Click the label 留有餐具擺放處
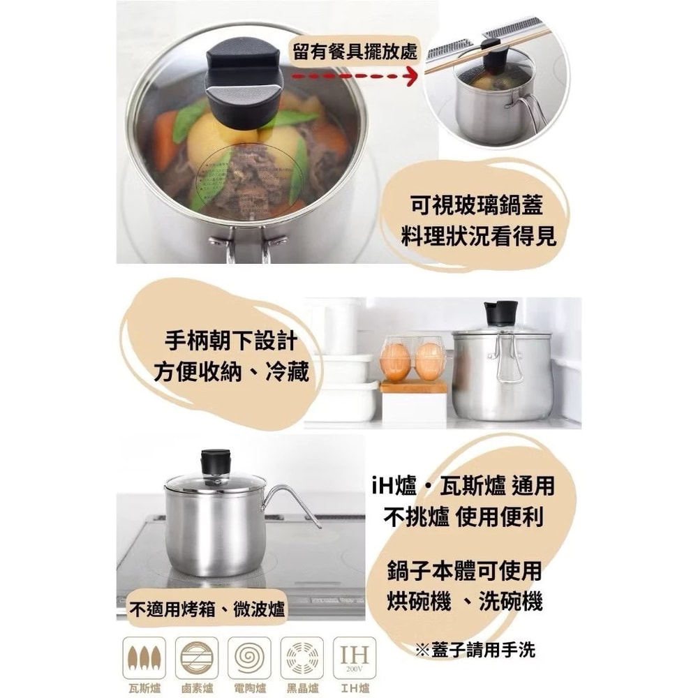tap(355, 51)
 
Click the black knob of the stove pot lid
tap(216, 461)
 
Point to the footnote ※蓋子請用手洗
tap(475, 650)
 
